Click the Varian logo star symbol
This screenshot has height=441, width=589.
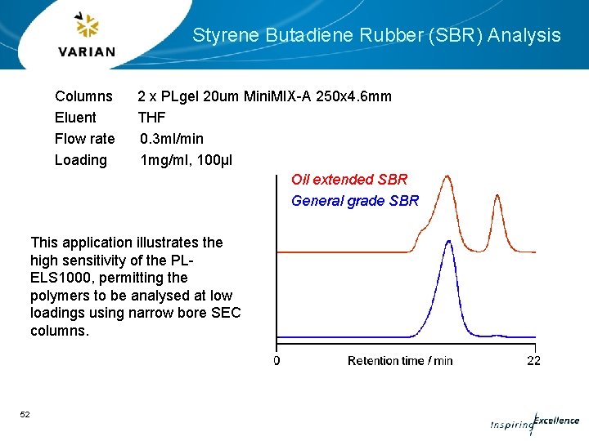pyautogui.click(x=86, y=26)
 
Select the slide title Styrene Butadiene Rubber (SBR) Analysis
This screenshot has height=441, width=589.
pyautogui.click(x=376, y=35)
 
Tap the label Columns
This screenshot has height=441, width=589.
pyautogui.click(x=83, y=96)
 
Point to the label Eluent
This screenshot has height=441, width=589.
pyautogui.click(x=75, y=118)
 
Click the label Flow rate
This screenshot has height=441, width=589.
pyautogui.click(x=84, y=139)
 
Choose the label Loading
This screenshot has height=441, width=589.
pyautogui.click(x=80, y=160)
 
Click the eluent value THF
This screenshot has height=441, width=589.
pyautogui.click(x=151, y=118)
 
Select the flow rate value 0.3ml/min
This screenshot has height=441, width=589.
pyautogui.click(x=172, y=139)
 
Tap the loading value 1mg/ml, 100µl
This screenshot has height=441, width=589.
pyautogui.click(x=187, y=160)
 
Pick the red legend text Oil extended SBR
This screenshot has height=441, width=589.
pyautogui.click(x=349, y=180)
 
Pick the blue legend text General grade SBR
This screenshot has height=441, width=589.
pyautogui.click(x=355, y=201)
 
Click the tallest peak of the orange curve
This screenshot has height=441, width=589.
pyautogui.click(x=447, y=176)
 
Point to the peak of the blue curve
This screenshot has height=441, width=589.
pyautogui.click(x=447, y=242)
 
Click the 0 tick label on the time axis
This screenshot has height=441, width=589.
pyautogui.click(x=277, y=360)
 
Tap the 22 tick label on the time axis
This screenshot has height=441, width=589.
pyautogui.click(x=533, y=360)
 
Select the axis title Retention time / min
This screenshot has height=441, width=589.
pyautogui.click(x=400, y=360)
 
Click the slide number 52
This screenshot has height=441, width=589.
pyautogui.click(x=25, y=415)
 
